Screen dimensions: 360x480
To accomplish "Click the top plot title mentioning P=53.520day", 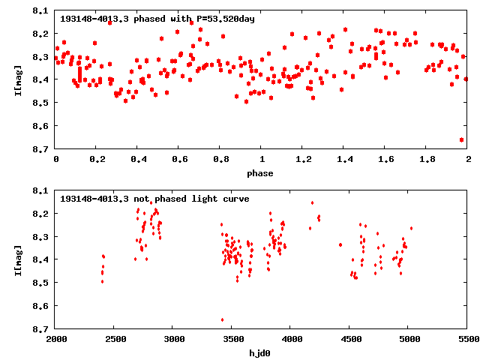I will [x=157, y=19].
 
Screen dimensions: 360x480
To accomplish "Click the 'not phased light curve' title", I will [x=154, y=199].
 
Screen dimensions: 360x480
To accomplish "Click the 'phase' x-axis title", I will [x=261, y=173].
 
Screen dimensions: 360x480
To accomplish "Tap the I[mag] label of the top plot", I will [x=16, y=80].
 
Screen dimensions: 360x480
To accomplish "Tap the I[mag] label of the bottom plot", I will [x=16, y=259].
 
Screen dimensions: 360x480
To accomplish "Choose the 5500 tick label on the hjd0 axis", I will [x=468, y=339].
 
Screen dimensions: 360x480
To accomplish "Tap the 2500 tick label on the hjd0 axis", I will [x=115, y=339].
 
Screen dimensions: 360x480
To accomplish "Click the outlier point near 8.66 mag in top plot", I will [x=461, y=139].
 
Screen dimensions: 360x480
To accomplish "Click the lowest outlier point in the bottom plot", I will [x=222, y=320].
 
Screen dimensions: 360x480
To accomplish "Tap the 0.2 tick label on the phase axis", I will [x=97, y=160].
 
